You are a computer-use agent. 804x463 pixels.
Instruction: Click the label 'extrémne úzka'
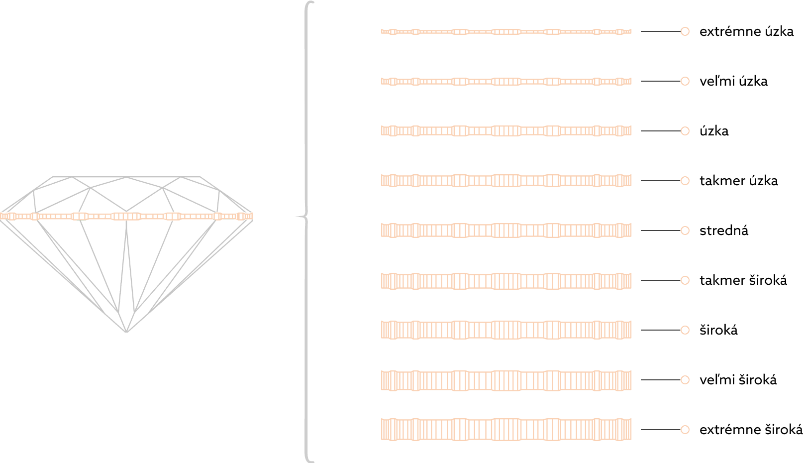click(746, 31)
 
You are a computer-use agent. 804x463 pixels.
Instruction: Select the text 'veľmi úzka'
click(733, 81)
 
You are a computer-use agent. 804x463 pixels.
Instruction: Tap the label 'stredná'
click(724, 231)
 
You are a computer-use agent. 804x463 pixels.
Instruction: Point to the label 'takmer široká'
click(743, 280)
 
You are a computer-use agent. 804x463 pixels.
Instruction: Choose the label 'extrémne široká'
click(751, 430)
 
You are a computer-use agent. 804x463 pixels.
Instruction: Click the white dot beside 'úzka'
click(685, 131)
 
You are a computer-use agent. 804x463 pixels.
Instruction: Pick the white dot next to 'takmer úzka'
click(685, 181)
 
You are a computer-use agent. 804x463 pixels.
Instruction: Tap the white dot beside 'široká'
click(685, 330)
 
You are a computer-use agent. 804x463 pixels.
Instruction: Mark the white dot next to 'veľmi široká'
click(685, 380)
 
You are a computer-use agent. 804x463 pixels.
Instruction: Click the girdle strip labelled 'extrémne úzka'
click(506, 31)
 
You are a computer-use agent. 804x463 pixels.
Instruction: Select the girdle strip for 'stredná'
click(506, 231)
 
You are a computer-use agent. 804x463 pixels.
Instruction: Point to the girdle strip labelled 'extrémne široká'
click(506, 430)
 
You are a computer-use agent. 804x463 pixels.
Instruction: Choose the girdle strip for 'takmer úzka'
click(506, 181)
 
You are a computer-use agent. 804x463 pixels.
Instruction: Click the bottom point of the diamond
click(127, 332)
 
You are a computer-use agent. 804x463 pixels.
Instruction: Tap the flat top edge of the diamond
click(127, 177)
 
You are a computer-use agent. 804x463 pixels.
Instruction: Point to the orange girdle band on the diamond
click(126, 216)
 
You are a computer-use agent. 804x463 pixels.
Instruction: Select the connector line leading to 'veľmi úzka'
click(660, 81)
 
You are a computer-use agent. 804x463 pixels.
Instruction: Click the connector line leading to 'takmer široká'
click(660, 280)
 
